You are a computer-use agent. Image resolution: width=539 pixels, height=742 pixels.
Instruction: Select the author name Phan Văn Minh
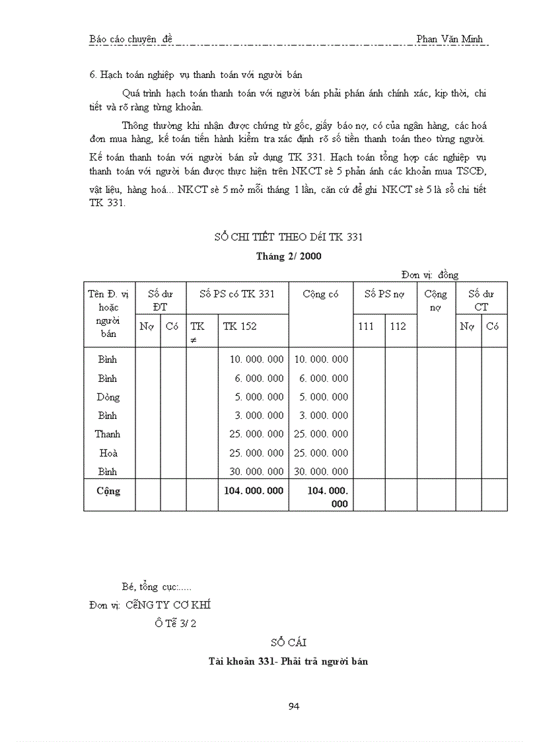(450, 39)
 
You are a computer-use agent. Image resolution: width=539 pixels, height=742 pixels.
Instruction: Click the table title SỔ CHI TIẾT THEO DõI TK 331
(289, 237)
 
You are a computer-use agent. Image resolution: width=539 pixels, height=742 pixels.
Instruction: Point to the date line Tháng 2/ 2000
(289, 256)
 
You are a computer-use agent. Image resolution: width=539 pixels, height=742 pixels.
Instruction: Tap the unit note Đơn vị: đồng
(429, 275)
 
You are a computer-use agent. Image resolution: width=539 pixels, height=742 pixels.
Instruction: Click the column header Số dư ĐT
(161, 300)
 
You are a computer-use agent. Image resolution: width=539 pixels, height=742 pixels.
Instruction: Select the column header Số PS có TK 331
(237, 294)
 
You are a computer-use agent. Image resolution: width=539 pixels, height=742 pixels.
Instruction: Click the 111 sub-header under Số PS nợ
(366, 326)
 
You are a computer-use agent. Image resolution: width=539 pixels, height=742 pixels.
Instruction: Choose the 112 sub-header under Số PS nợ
(398, 326)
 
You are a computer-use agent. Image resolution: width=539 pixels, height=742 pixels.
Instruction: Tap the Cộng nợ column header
(435, 300)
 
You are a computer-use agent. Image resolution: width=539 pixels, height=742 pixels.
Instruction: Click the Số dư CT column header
(481, 300)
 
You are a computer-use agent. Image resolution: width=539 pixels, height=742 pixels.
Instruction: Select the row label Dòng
(108, 397)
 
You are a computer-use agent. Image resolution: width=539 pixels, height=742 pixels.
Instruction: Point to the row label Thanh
(108, 434)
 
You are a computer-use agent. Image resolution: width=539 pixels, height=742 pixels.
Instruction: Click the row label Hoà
(108, 453)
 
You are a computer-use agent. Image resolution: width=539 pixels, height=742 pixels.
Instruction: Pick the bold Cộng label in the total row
(108, 491)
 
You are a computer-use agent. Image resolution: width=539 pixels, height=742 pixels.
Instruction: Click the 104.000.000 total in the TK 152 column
(254, 491)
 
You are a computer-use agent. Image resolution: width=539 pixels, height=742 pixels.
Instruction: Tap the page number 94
(295, 706)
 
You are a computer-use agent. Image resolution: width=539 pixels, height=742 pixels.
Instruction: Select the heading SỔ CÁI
(288, 642)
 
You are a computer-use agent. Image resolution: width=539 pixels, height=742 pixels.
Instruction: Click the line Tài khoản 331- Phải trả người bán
(288, 661)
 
